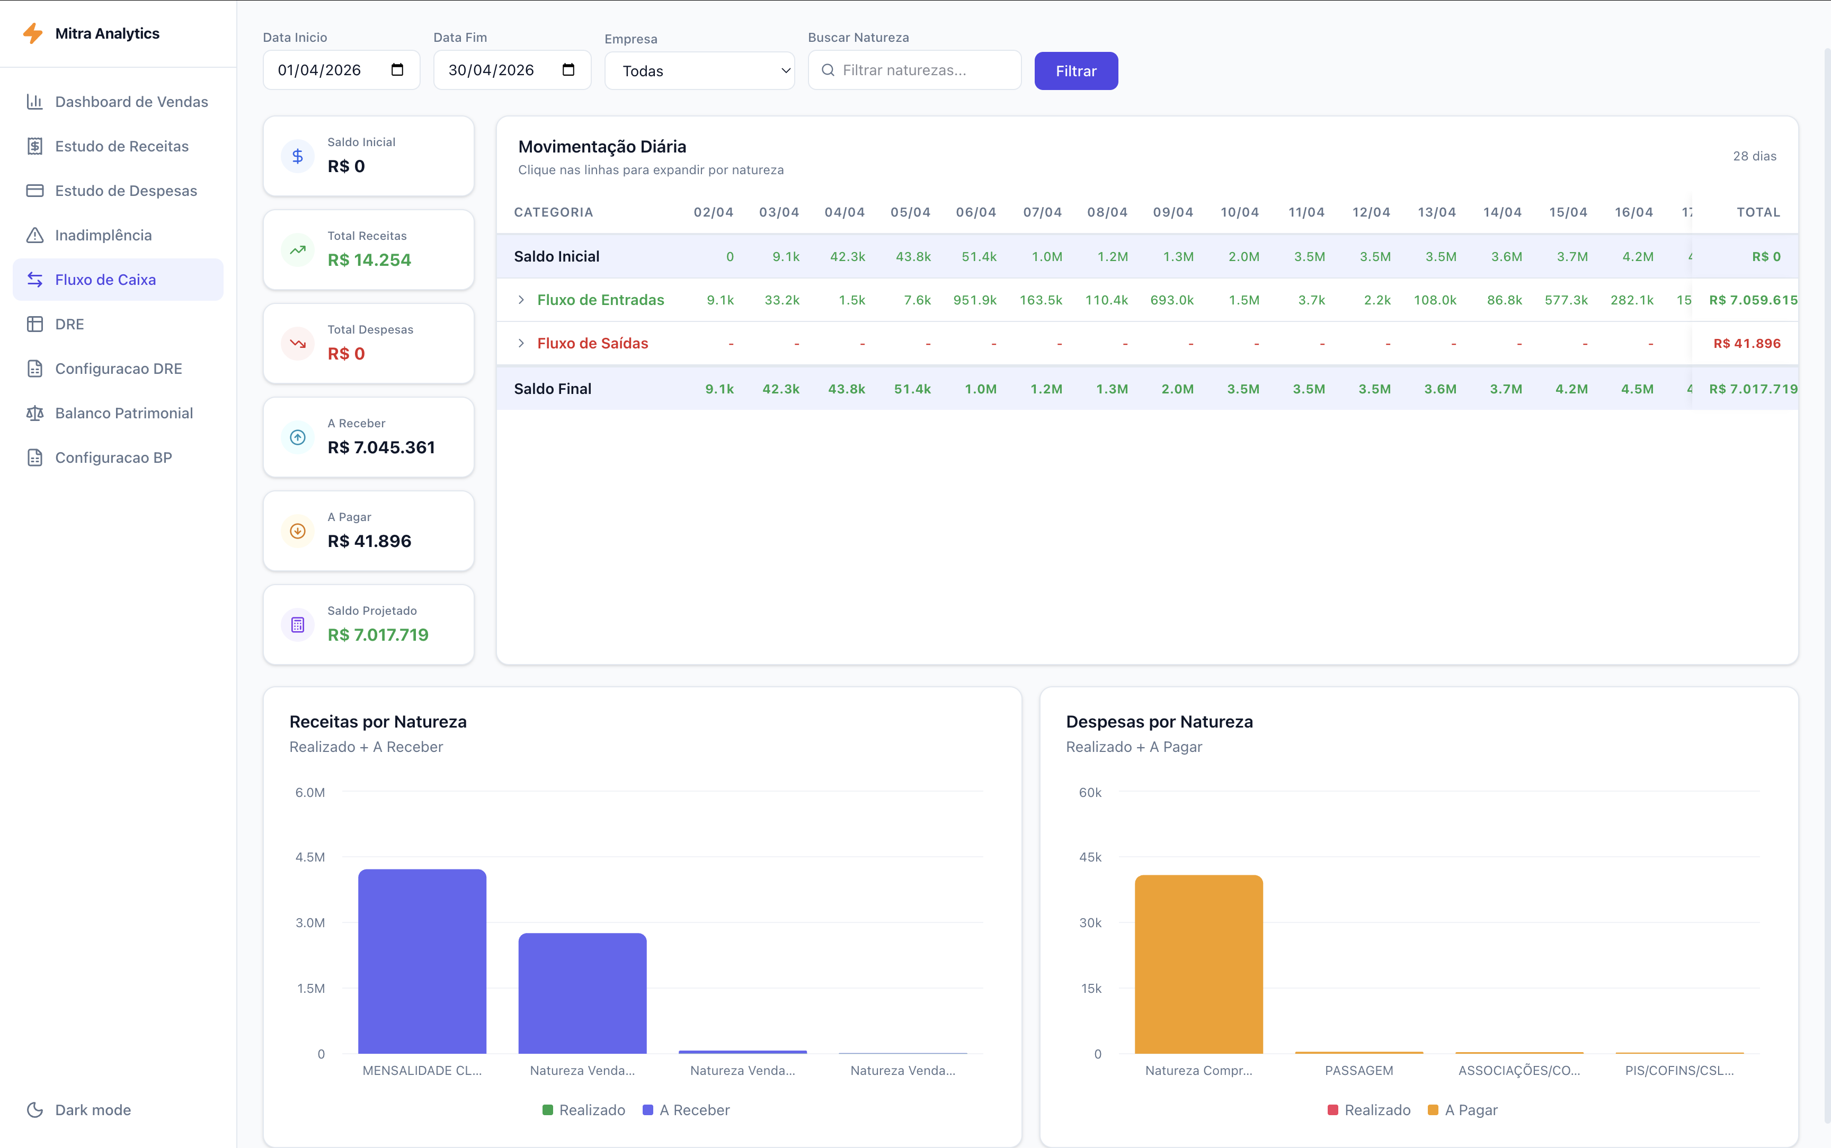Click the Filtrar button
[1076, 70]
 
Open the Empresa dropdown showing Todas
[699, 70]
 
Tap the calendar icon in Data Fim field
[568, 70]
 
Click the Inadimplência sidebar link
[103, 235]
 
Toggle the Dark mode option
[93, 1109]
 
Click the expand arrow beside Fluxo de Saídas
[521, 343]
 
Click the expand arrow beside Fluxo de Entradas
[521, 300]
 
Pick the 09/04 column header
[1172, 212]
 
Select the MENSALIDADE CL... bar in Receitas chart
[422, 961]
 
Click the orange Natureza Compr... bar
[1198, 964]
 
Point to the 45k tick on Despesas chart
[1090, 857]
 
